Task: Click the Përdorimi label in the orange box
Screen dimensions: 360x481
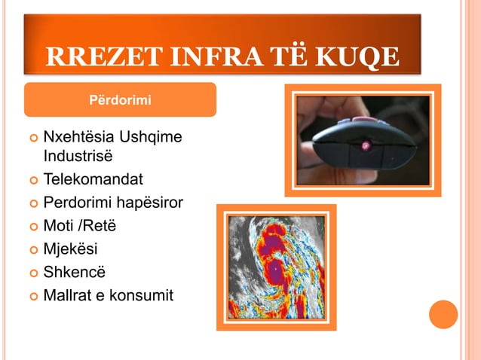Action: click(x=120, y=100)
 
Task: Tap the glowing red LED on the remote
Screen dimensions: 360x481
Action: click(x=368, y=143)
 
